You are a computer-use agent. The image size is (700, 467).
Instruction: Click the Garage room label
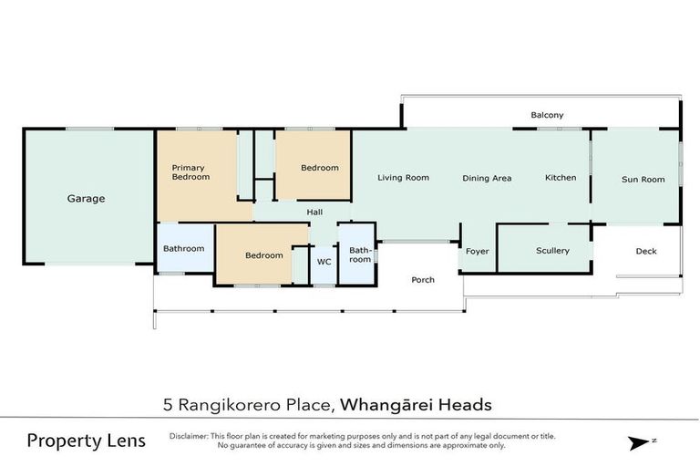tap(86, 198)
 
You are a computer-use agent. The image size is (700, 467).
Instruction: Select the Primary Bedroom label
tap(190, 172)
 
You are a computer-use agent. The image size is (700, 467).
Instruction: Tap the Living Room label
tap(403, 178)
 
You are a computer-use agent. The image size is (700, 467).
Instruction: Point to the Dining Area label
tap(487, 179)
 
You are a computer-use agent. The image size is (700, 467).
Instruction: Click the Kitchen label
tap(561, 178)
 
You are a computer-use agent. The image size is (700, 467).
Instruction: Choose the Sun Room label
tap(643, 180)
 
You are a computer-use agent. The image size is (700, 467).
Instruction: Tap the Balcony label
tap(547, 115)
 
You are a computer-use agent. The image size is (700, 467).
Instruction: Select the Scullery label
tap(552, 251)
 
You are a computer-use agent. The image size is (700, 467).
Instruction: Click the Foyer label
tap(478, 251)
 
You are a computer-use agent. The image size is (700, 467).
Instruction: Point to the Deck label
tap(645, 252)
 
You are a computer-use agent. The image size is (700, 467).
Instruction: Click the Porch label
tap(423, 280)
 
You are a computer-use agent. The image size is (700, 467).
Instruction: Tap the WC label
tap(324, 261)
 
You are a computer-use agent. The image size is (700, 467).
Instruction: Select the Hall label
tap(314, 213)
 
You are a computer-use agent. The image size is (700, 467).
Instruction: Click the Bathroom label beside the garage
tap(183, 248)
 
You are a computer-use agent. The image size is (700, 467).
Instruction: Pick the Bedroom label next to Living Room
tap(320, 168)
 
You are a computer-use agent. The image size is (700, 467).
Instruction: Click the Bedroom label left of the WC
tap(263, 255)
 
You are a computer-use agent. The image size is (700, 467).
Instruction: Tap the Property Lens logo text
tap(86, 441)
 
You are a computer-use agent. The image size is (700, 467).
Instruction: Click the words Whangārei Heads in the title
tap(417, 403)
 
